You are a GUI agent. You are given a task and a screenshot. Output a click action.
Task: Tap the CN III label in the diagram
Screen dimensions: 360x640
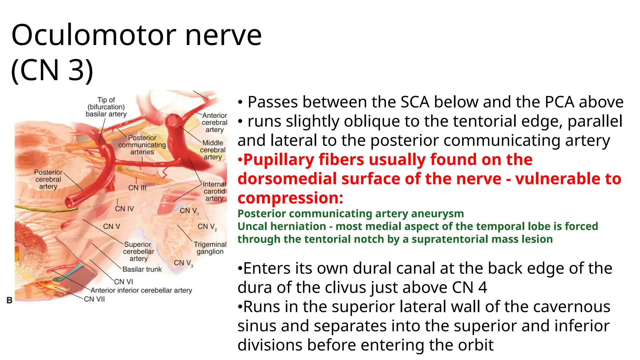pos(137,188)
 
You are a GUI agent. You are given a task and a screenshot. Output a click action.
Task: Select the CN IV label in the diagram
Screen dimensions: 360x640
pos(124,208)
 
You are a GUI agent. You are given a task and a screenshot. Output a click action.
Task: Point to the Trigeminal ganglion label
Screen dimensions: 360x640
pos(210,248)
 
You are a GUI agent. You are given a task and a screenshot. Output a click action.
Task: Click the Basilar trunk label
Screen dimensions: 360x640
pos(142,269)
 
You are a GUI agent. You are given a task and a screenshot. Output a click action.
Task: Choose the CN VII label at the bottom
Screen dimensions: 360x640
pos(94,299)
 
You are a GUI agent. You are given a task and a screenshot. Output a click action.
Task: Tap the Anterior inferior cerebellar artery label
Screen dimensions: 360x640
pos(141,290)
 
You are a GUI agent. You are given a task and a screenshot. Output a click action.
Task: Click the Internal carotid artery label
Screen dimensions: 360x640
pos(214,191)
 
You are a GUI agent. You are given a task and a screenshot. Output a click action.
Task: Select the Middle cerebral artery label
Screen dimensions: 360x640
pos(213,150)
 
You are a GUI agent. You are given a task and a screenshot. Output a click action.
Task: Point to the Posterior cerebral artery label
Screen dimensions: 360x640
pos(48,179)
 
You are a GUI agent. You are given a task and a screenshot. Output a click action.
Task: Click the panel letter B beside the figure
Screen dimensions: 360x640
pos(10,300)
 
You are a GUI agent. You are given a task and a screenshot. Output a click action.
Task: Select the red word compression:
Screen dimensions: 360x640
pos(290,198)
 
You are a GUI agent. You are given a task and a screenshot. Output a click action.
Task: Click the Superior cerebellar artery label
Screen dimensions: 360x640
pos(138,251)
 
